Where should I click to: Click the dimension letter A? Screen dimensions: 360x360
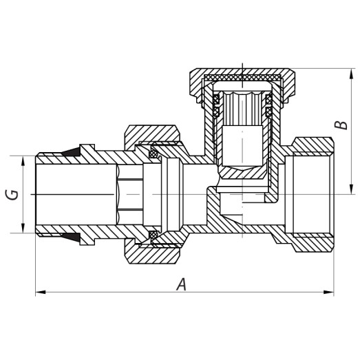point(181,284)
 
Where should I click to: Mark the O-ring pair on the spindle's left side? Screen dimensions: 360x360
point(215,106)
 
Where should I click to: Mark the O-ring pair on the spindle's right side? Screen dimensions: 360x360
point(268,106)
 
